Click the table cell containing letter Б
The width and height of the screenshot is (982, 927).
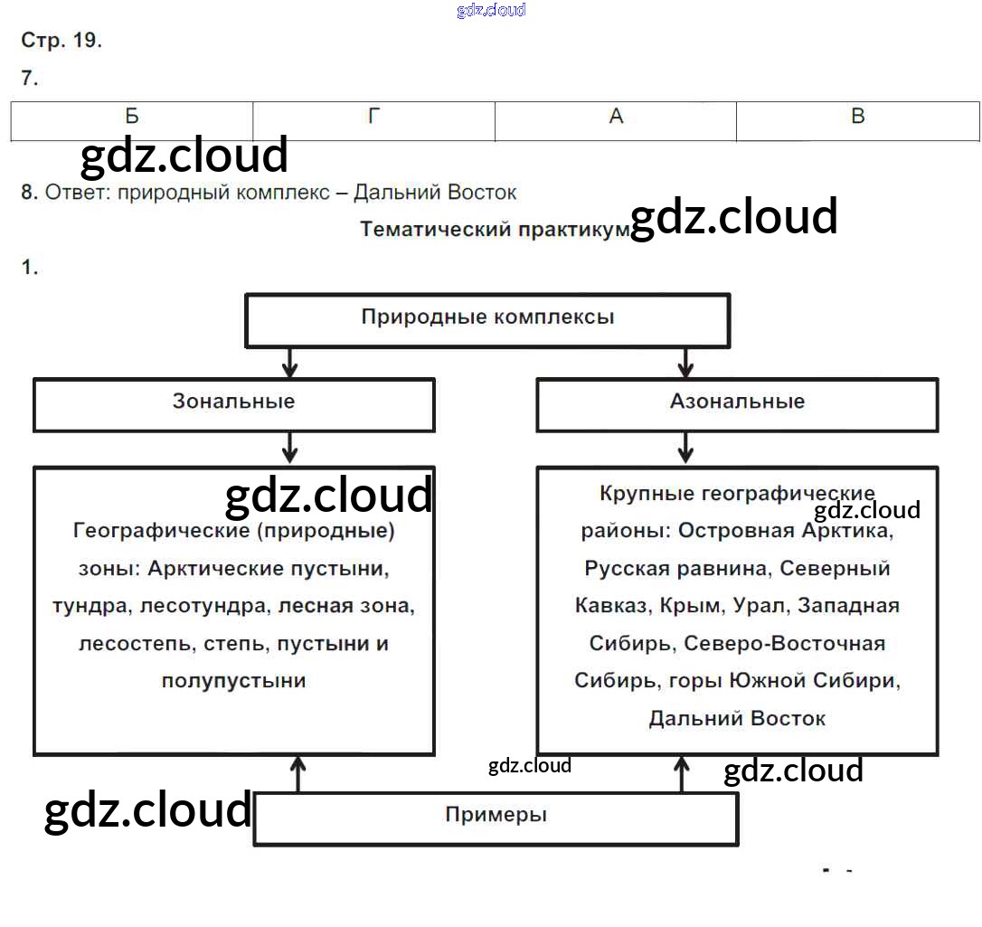(132, 117)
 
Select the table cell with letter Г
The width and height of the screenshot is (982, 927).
(373, 117)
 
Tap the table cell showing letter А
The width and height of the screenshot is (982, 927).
(616, 117)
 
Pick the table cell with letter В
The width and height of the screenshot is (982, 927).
(858, 117)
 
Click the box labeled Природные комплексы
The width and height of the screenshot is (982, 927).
(487, 317)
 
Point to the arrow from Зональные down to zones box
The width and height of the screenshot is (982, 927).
(289, 448)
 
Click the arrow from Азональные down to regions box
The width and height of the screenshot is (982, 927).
(685, 448)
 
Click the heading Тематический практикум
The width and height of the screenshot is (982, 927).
(494, 229)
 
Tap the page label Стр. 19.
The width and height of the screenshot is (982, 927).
(61, 41)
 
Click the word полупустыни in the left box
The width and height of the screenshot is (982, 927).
(233, 681)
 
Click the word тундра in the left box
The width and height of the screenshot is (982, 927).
(90, 606)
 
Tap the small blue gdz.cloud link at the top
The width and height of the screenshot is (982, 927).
(491, 11)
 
